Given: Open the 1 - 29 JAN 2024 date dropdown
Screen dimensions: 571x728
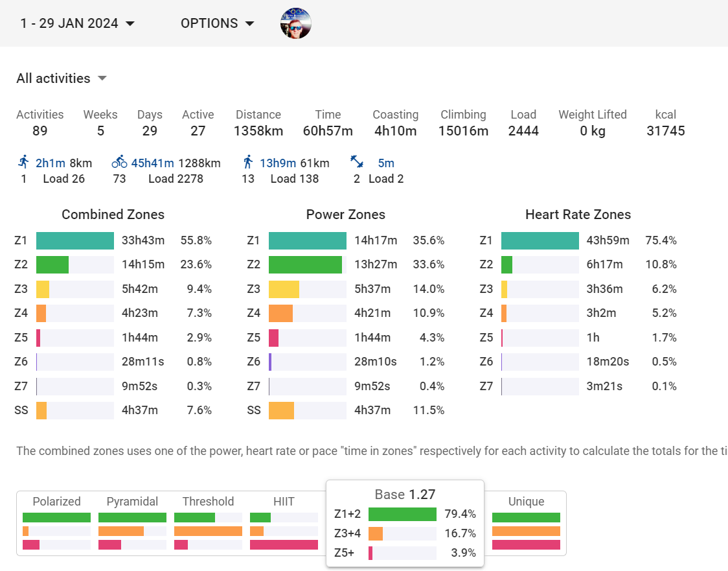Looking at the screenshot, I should point(77,23).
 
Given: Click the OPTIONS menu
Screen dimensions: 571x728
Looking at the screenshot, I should point(217,23).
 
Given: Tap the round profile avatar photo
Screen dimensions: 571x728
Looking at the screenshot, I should point(296,23).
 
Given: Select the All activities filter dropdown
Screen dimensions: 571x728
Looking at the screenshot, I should point(62,78).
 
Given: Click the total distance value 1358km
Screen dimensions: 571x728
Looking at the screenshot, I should point(258,131).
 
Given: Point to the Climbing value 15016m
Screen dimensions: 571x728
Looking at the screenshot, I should point(463,131).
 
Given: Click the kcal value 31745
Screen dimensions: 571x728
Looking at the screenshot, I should point(665,131).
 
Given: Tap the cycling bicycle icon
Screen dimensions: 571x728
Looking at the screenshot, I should point(119,162).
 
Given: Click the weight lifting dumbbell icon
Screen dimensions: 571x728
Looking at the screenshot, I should point(357,162).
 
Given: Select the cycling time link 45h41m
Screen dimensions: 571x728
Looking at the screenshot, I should point(153,163).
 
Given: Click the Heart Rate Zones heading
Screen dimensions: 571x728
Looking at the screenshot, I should point(578,215).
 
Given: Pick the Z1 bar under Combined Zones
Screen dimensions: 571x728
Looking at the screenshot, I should point(75,240).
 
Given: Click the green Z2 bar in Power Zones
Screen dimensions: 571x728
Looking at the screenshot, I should point(305,264).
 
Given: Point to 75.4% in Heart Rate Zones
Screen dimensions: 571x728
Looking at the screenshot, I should point(661,240).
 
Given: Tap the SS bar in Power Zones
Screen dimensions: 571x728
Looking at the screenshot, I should point(281,410).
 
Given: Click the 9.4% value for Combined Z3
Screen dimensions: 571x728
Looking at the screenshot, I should point(199,289).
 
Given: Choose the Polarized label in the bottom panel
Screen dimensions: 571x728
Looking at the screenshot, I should point(56,501).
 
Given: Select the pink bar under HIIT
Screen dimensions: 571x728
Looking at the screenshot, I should point(284,544).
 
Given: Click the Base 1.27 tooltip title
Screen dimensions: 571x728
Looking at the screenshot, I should point(405,495).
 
